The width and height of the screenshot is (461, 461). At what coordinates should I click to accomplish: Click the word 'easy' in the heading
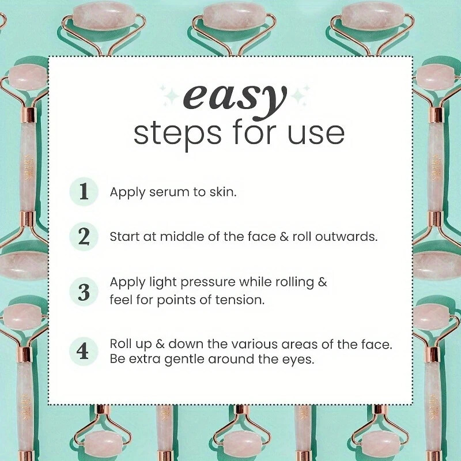click(x=235, y=100)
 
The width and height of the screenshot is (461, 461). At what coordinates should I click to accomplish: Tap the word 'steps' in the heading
click(x=177, y=134)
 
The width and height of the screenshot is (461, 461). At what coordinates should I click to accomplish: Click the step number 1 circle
click(x=84, y=191)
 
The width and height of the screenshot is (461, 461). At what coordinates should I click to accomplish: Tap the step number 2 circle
click(x=84, y=236)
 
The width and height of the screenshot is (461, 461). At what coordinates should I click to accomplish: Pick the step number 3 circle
click(x=84, y=292)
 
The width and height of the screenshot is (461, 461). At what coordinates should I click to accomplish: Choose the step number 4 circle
click(x=83, y=351)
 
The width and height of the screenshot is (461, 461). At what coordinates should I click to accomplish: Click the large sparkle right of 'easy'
click(x=298, y=96)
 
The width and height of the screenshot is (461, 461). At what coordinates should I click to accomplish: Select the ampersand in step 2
click(x=284, y=236)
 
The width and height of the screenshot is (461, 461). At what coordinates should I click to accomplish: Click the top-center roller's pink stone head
click(x=235, y=16)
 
